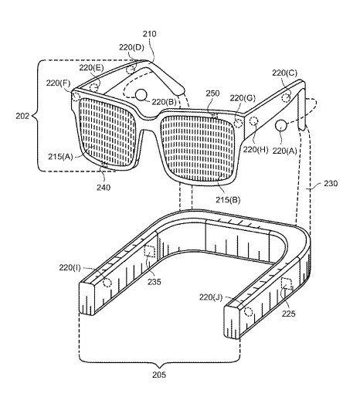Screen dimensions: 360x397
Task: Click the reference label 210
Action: [x=149, y=34]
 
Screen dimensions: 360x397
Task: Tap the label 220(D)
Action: [x=131, y=47]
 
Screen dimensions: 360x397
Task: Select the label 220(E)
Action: [x=91, y=68]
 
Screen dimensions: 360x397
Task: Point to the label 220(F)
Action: [x=58, y=83]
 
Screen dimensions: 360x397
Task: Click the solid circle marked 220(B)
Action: [x=141, y=95]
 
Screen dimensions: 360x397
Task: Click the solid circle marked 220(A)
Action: [x=280, y=125]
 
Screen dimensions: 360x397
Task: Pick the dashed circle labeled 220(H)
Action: [x=254, y=121]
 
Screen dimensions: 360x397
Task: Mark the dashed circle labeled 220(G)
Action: [x=238, y=123]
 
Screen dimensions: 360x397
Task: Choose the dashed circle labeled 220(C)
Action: [x=286, y=98]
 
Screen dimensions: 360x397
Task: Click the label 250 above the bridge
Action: [x=212, y=93]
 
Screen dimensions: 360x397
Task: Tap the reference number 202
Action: [x=22, y=116]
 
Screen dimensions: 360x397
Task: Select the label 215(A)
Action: [x=60, y=156]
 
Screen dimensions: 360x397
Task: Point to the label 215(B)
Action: [x=228, y=199]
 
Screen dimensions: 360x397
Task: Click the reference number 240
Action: [x=104, y=188]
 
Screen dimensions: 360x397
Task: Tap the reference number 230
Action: [x=331, y=183]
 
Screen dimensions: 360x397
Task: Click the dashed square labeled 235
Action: [x=150, y=251]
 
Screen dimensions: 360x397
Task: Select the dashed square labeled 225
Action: [x=286, y=283]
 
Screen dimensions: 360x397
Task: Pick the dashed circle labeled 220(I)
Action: [x=107, y=283]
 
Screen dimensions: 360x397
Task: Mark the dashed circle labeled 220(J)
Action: [x=248, y=312]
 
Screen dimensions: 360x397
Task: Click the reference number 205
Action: [x=159, y=375]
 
